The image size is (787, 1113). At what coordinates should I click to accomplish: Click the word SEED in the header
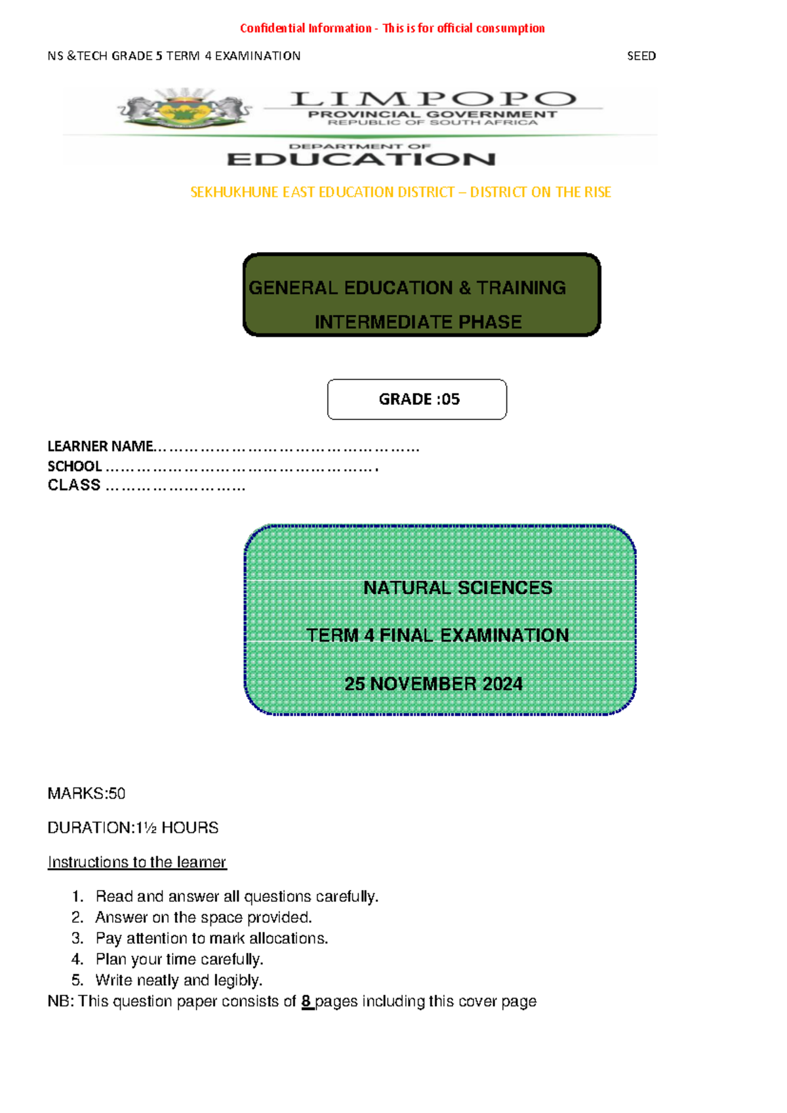click(x=641, y=56)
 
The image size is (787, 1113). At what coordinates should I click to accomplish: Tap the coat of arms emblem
click(x=184, y=109)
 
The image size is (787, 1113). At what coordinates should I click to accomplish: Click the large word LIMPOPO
click(x=433, y=99)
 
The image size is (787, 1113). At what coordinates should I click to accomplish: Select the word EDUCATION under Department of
click(x=361, y=159)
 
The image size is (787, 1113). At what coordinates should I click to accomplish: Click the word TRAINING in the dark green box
click(x=521, y=287)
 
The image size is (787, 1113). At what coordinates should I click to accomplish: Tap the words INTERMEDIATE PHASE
click(x=418, y=322)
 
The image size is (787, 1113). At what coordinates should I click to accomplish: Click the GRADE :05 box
click(x=417, y=399)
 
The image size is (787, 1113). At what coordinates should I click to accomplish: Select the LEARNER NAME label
click(x=100, y=446)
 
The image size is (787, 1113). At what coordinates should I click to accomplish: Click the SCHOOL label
click(x=75, y=466)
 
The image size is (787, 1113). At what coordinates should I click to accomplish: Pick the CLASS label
click(x=74, y=485)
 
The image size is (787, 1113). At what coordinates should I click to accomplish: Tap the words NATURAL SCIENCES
click(x=457, y=588)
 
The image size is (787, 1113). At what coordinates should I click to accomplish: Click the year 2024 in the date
click(x=502, y=684)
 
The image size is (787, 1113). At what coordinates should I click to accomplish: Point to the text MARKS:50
click(x=87, y=793)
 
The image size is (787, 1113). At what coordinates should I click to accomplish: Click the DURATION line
click(x=132, y=828)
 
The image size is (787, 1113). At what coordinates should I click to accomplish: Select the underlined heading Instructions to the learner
click(x=137, y=862)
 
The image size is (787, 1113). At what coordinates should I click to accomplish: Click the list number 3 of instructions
click(x=77, y=938)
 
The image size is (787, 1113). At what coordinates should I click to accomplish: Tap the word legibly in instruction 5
click(x=238, y=980)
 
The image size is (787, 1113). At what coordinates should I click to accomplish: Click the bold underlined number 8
click(x=306, y=1001)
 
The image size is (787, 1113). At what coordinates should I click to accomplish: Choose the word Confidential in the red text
click(x=272, y=28)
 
